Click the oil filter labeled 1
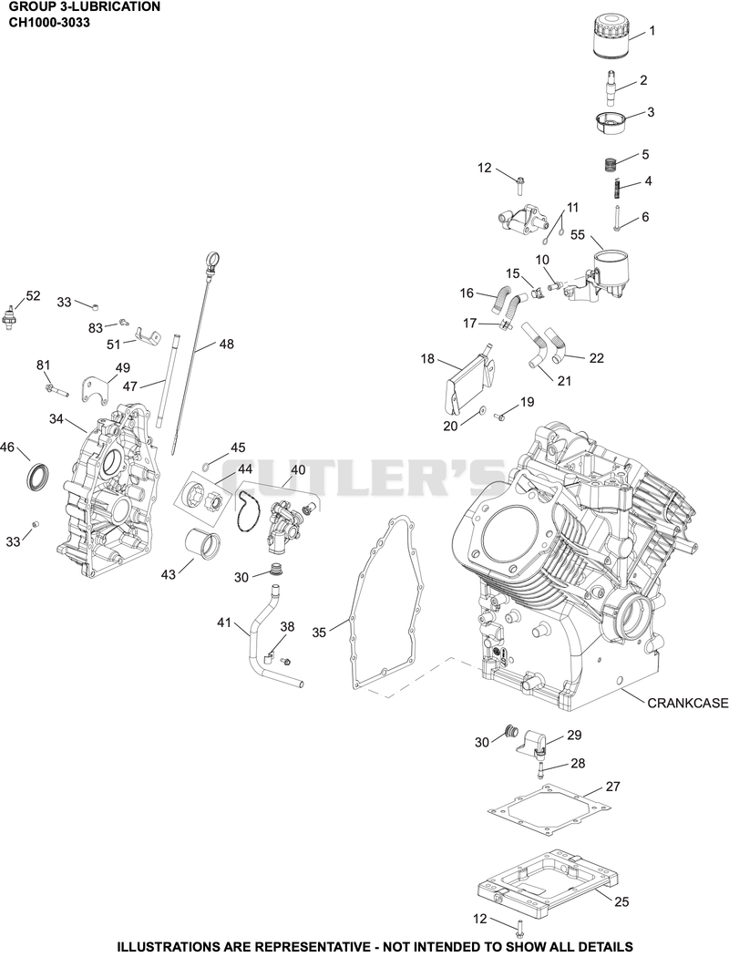click(x=611, y=37)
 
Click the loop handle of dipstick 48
click(x=211, y=262)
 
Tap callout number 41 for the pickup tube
click(x=224, y=623)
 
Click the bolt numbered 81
click(x=56, y=389)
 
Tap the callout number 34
click(x=56, y=418)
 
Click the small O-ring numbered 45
click(x=206, y=468)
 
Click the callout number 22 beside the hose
click(x=596, y=358)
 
